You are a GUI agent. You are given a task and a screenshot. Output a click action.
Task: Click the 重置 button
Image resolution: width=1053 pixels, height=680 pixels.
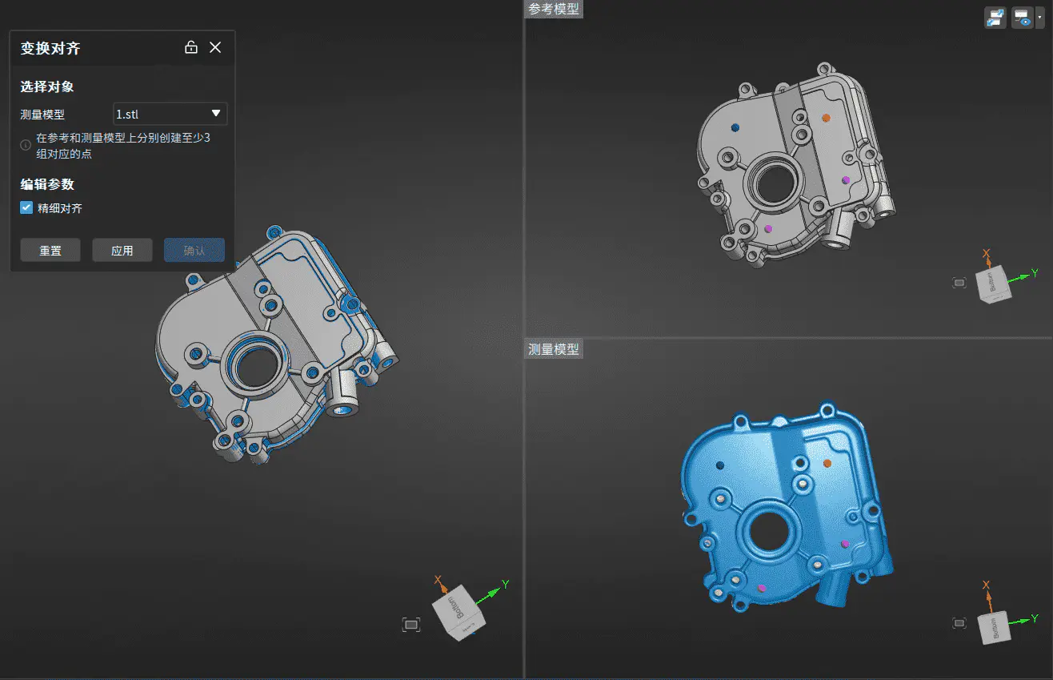[50, 250]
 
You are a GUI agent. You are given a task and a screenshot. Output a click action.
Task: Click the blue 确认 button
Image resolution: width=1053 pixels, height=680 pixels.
[194, 250]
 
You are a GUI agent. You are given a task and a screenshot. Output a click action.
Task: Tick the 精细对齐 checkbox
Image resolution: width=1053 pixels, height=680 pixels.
[26, 207]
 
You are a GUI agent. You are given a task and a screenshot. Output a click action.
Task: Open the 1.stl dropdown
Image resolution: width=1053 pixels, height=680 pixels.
[170, 114]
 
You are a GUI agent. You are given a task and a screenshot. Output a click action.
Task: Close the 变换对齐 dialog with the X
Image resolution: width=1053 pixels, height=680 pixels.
[215, 47]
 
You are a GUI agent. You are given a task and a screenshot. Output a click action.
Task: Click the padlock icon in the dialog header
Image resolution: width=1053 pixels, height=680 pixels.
[191, 47]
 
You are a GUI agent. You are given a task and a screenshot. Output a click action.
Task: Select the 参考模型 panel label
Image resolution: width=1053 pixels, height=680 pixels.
[553, 9]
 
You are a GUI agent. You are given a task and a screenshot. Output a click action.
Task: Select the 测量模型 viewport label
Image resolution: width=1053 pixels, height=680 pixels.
[553, 349]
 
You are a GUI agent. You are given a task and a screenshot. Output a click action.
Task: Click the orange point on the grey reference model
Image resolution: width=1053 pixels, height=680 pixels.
[826, 118]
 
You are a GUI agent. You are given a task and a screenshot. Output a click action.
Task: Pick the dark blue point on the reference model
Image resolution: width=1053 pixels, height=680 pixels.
[735, 127]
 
